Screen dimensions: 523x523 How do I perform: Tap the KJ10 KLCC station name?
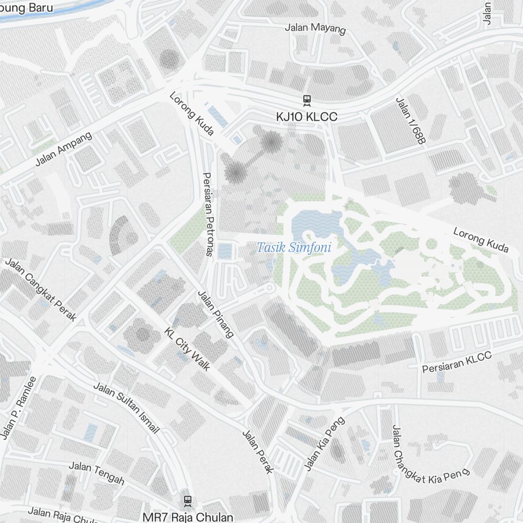(307, 117)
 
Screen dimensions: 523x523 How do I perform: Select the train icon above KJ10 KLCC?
(307, 99)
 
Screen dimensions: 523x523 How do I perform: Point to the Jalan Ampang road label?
(63, 149)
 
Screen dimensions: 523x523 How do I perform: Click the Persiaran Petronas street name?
(208, 214)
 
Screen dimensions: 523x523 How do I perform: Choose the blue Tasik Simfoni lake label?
(294, 247)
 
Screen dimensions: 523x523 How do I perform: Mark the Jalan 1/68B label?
(411, 121)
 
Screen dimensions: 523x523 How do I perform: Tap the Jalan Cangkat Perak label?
(41, 289)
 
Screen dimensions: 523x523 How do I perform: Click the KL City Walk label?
(187, 349)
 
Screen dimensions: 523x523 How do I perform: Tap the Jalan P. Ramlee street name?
(19, 408)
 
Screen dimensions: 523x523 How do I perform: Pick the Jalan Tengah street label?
(97, 472)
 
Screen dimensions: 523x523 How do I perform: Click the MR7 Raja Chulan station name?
(188, 517)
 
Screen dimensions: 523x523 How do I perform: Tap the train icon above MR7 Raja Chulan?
(188, 501)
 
